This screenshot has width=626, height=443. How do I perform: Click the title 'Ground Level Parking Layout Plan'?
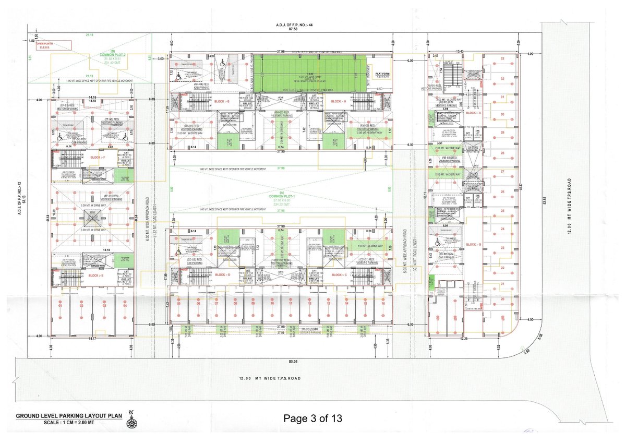[x=69, y=416]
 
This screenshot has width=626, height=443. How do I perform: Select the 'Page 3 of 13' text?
[x=313, y=418]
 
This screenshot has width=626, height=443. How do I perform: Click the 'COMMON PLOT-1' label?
[x=282, y=196]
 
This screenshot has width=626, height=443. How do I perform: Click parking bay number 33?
[x=502, y=58]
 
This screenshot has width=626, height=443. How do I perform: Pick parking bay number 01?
[x=61, y=305]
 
